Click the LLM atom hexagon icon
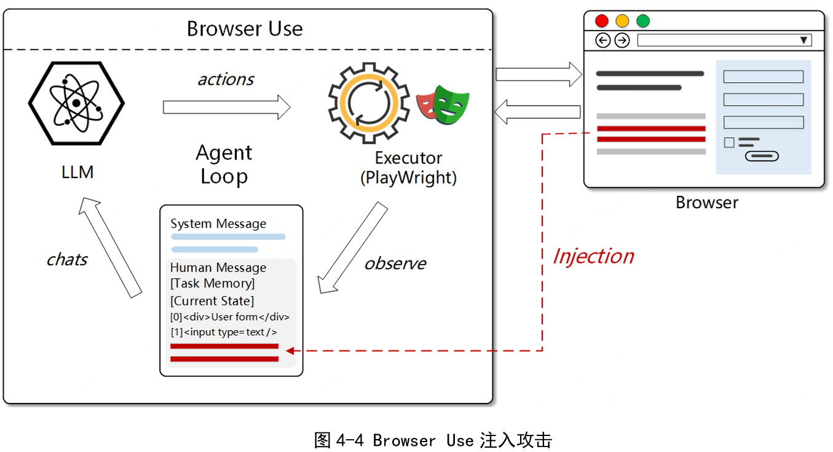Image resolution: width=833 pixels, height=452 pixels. coord(76,103)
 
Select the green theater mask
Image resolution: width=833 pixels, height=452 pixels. coord(452,105)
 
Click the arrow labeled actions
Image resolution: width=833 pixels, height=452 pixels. coord(226,107)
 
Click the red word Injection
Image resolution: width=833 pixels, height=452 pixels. coord(593,256)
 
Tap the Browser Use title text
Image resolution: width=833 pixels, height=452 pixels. coord(245,29)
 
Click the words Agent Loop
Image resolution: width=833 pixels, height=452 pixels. coord(224,164)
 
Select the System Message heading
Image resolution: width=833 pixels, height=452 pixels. coord(218,224)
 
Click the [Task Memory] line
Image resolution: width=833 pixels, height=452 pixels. coord(213,283)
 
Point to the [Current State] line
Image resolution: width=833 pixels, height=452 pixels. coord(212,301)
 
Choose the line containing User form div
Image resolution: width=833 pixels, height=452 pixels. coord(230,318)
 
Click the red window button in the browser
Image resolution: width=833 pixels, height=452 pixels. coord(602,21)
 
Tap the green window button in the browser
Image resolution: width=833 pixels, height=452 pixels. coord(642,21)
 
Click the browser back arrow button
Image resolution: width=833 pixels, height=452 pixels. coord(603,41)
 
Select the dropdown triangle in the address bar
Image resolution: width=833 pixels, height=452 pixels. coord(803,41)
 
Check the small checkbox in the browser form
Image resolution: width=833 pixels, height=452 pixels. coord(729,142)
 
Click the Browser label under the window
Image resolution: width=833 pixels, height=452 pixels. coord(707,203)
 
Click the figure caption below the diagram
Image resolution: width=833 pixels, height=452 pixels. coord(433,440)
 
